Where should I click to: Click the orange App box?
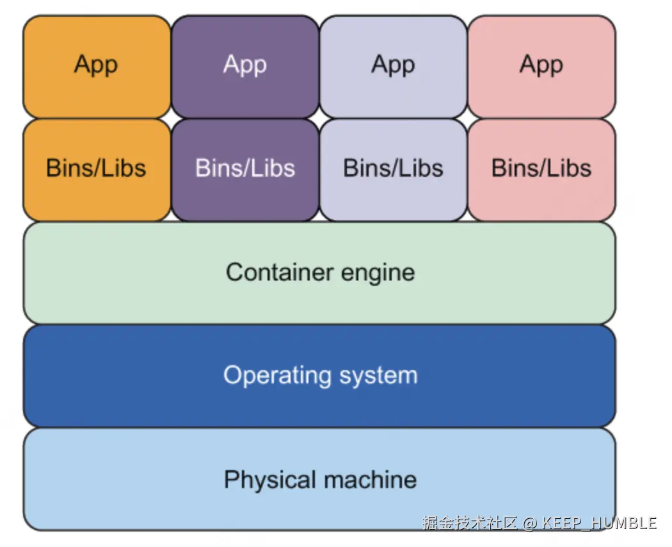97,67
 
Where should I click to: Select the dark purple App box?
245,67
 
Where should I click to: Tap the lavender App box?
394,67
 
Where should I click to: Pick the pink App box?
541,67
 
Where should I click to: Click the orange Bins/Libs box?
97,170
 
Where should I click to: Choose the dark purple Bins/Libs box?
245,170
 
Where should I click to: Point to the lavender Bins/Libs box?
394,170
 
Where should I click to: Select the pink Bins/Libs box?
541,170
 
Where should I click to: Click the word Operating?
278,376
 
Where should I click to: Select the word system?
378,377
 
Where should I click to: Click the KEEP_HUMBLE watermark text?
599,523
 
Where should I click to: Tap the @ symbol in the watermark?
530,523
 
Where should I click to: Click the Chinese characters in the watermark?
470,523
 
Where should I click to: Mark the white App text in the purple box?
245,65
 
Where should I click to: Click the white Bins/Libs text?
245,168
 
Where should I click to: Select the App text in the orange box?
96,65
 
